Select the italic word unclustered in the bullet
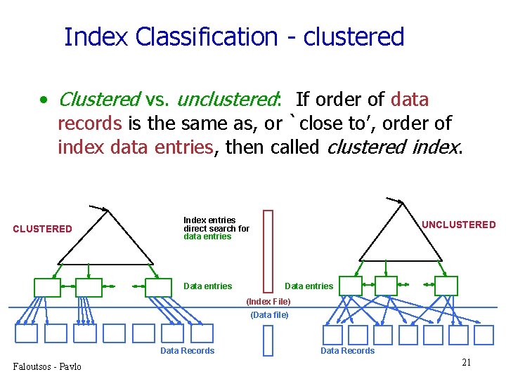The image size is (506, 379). [x=227, y=100]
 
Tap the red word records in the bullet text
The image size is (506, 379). [x=89, y=124]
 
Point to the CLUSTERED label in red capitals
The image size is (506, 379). [x=42, y=229]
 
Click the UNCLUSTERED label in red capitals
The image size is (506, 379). [x=458, y=225]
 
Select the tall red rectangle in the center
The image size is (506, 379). [x=267, y=250]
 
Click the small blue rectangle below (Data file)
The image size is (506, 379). [x=267, y=340]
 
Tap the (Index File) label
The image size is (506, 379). [x=268, y=301]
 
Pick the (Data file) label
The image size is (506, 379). [x=269, y=315]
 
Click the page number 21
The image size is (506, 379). [x=465, y=362]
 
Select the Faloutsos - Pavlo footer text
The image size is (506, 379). [x=46, y=366]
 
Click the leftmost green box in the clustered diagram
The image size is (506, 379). [x=47, y=286]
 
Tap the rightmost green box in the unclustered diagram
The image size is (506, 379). [x=446, y=286]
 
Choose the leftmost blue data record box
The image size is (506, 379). [x=26, y=333]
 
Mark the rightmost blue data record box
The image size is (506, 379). [x=484, y=335]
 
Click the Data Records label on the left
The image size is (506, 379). [x=187, y=351]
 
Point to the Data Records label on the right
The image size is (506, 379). [x=347, y=351]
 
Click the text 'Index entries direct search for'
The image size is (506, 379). [x=216, y=225]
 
